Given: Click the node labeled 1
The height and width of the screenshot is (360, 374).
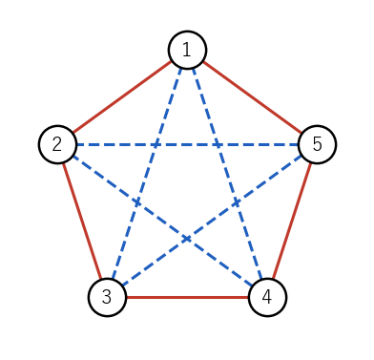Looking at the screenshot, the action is [187, 50].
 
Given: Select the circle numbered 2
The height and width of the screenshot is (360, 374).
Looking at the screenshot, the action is [57, 144].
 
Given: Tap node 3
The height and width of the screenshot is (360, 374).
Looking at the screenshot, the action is [107, 297].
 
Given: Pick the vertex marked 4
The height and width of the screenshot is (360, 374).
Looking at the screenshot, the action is [267, 297].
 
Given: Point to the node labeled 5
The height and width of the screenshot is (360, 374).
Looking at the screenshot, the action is [317, 144].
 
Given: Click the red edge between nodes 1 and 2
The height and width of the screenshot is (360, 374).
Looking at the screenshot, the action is [122, 97].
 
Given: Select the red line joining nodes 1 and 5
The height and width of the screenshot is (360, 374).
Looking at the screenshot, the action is [252, 97].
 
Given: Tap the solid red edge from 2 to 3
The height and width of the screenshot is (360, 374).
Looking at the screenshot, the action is [82, 221].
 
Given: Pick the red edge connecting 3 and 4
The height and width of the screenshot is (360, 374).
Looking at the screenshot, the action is [187, 298].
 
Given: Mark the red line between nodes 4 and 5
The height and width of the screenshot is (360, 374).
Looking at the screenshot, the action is [292, 221].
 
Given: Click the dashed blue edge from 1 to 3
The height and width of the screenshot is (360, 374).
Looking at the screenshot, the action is [147, 174].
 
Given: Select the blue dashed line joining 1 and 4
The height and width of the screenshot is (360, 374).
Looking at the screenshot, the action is [227, 174].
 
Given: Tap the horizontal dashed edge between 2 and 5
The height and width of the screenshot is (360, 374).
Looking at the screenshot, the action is [187, 145].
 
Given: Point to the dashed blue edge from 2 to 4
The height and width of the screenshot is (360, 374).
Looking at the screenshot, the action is [162, 221].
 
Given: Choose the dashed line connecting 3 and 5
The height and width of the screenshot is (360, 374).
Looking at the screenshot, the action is [212, 221].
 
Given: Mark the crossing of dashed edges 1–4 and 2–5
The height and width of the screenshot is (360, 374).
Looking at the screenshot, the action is [218, 145].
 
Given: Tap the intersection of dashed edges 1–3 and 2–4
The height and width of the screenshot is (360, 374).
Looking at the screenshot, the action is [137, 202].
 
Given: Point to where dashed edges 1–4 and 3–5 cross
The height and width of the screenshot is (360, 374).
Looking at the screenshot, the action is [237, 202].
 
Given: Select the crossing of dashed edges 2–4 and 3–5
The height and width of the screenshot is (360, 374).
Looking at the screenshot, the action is [187, 239].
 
